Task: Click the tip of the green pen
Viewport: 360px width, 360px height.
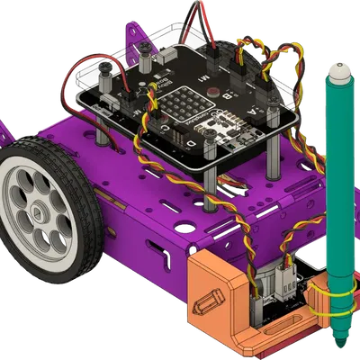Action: coord(341,347)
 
